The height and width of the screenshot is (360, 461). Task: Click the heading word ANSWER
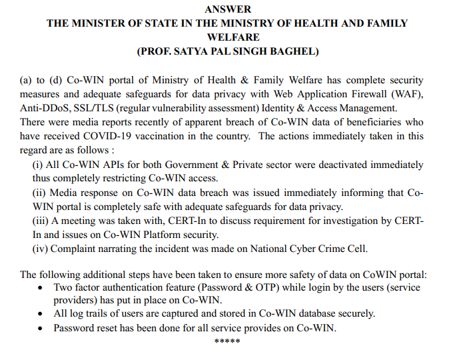[x=228, y=9]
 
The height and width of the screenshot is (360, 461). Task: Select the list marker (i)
[x=38, y=165]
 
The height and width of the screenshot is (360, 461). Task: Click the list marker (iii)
[x=41, y=221]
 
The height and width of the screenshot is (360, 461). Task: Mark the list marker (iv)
[x=41, y=249]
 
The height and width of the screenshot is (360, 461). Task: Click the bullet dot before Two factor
[x=41, y=287]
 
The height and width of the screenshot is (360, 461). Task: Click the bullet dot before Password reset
[x=41, y=328]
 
